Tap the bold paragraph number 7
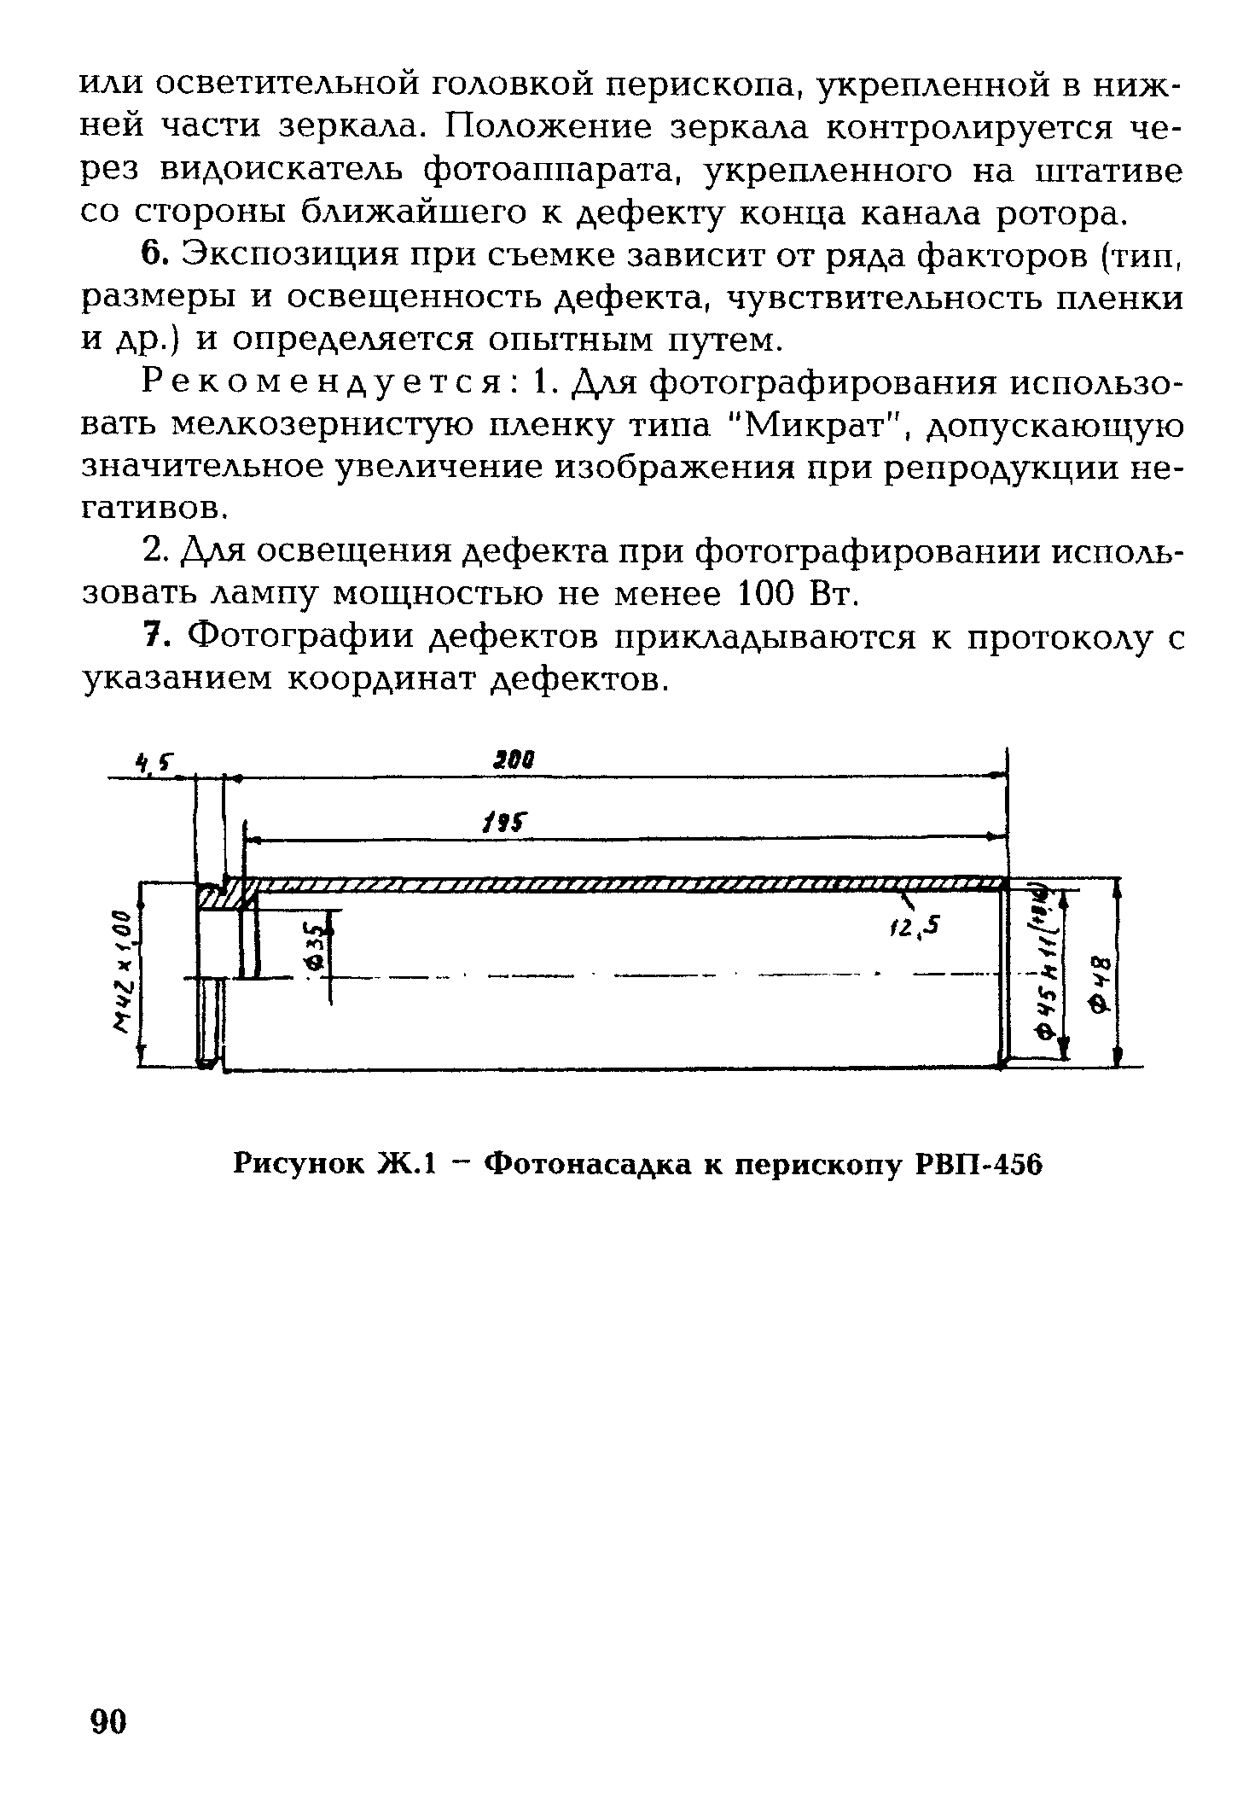(152, 636)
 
